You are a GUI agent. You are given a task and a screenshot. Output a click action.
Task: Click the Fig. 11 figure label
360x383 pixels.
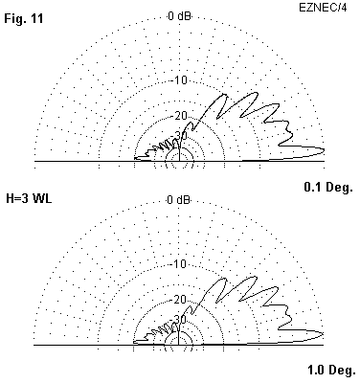coord(24,19)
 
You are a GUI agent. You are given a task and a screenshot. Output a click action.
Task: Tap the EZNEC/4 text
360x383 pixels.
coord(323,8)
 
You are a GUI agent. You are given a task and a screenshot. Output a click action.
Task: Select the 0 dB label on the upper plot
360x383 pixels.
coord(179,15)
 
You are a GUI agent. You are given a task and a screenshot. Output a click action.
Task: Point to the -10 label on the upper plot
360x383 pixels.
coord(180,79)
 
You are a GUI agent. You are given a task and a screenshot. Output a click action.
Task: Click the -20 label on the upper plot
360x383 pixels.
coord(180,116)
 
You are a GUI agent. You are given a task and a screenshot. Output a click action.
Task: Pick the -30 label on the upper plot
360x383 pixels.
coord(181,135)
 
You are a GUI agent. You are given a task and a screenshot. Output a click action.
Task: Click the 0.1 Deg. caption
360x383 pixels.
coord(328,187)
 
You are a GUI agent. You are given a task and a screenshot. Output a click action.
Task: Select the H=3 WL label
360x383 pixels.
coord(29,198)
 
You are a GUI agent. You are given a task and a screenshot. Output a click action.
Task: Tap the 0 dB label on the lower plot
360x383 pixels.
coord(179,200)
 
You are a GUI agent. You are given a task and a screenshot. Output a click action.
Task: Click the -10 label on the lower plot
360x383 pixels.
coord(179,264)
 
